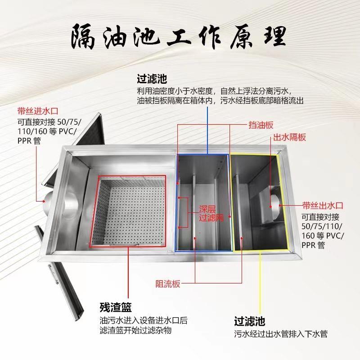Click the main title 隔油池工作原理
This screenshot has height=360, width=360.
tap(179, 37)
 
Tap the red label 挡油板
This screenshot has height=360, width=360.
tap(261, 125)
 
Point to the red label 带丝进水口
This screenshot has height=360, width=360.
tap(38, 110)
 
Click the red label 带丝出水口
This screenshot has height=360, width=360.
tap(322, 206)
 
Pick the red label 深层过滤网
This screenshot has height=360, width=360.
tap(211, 213)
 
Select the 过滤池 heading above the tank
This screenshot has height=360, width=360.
tap(152, 79)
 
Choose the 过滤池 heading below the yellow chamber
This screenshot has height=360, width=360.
tap(249, 321)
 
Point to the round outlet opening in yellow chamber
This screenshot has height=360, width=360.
tap(274, 205)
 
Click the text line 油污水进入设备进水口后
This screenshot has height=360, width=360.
tap(143, 321)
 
